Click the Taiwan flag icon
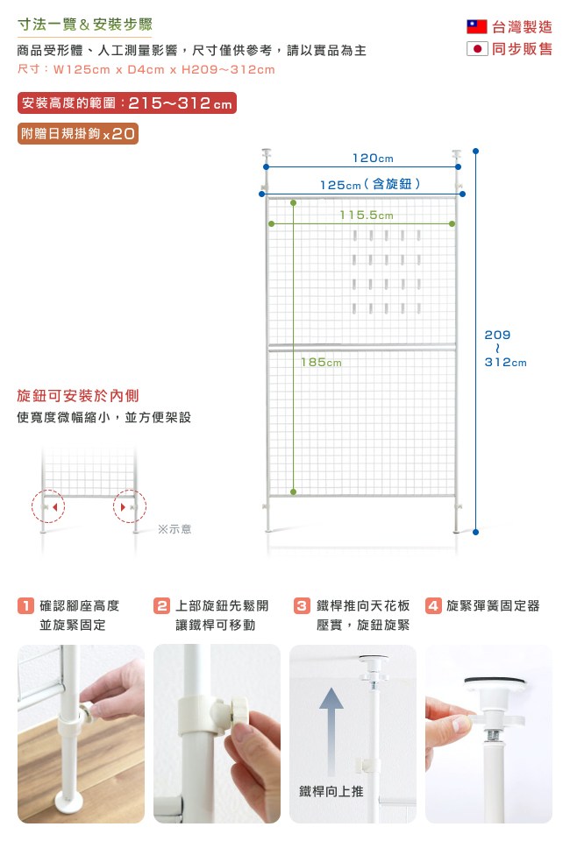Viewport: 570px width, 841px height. pyautogui.click(x=477, y=27)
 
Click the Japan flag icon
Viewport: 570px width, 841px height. pyautogui.click(x=477, y=49)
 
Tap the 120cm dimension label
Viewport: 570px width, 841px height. pyautogui.click(x=373, y=159)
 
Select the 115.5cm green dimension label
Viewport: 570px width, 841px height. pyautogui.click(x=367, y=216)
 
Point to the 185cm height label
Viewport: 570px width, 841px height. pyautogui.click(x=321, y=363)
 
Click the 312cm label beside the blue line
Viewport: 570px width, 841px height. pyautogui.click(x=505, y=363)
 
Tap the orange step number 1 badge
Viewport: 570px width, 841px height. pyautogui.click(x=25, y=605)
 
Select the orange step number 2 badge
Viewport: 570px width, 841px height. pyautogui.click(x=161, y=605)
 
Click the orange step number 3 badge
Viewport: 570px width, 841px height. pyautogui.click(x=303, y=605)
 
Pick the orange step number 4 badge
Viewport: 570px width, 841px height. pyautogui.click(x=433, y=605)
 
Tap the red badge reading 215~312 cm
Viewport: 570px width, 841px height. pyautogui.click(x=127, y=103)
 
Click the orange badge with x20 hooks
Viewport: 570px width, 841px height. pyautogui.click(x=78, y=133)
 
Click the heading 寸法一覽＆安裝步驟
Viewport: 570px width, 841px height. pyautogui.click(x=85, y=25)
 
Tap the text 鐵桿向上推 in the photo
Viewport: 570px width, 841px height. pyautogui.click(x=331, y=791)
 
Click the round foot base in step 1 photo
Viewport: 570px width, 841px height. pyautogui.click(x=69, y=802)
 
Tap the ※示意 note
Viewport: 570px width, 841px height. pyautogui.click(x=175, y=529)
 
